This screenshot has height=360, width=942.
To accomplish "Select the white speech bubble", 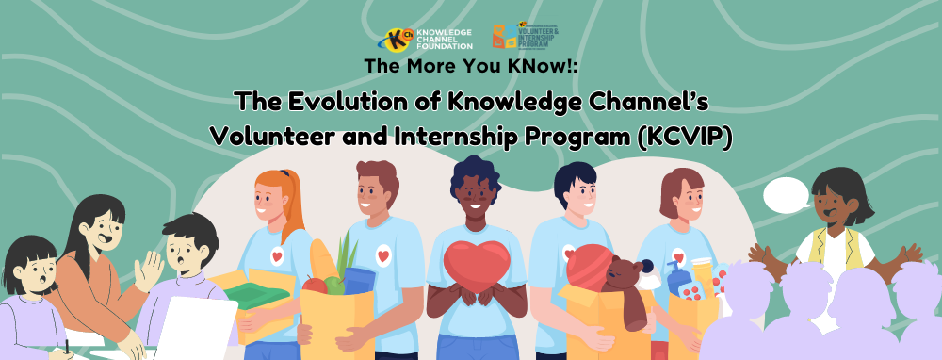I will [x=785, y=195].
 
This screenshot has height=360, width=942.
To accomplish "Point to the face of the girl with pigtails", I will [x=31, y=272].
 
